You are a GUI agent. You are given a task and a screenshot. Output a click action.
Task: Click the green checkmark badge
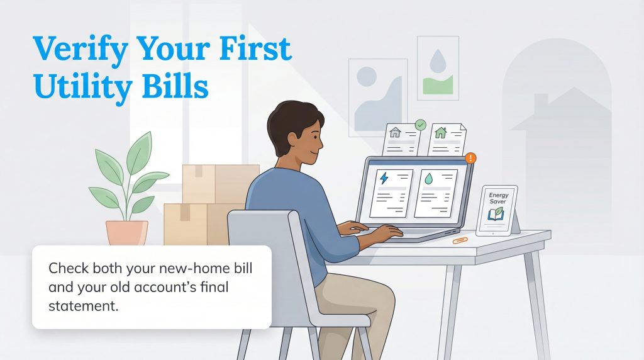click(420, 125)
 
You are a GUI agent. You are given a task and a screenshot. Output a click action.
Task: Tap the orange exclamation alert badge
click(470, 158)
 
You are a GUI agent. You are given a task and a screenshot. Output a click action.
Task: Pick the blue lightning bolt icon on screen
click(384, 179)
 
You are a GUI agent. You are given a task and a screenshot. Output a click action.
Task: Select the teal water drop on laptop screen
click(428, 179)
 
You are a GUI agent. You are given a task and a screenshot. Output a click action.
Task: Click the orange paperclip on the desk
click(460, 240)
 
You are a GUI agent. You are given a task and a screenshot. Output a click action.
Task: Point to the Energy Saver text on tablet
click(499, 198)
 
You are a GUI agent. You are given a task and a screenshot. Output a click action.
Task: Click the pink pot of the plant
click(127, 232)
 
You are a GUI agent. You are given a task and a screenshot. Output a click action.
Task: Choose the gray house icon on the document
click(395, 133)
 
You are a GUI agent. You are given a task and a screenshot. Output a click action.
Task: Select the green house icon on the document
click(441, 133)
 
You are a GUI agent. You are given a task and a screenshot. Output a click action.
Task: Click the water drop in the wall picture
click(437, 61)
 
